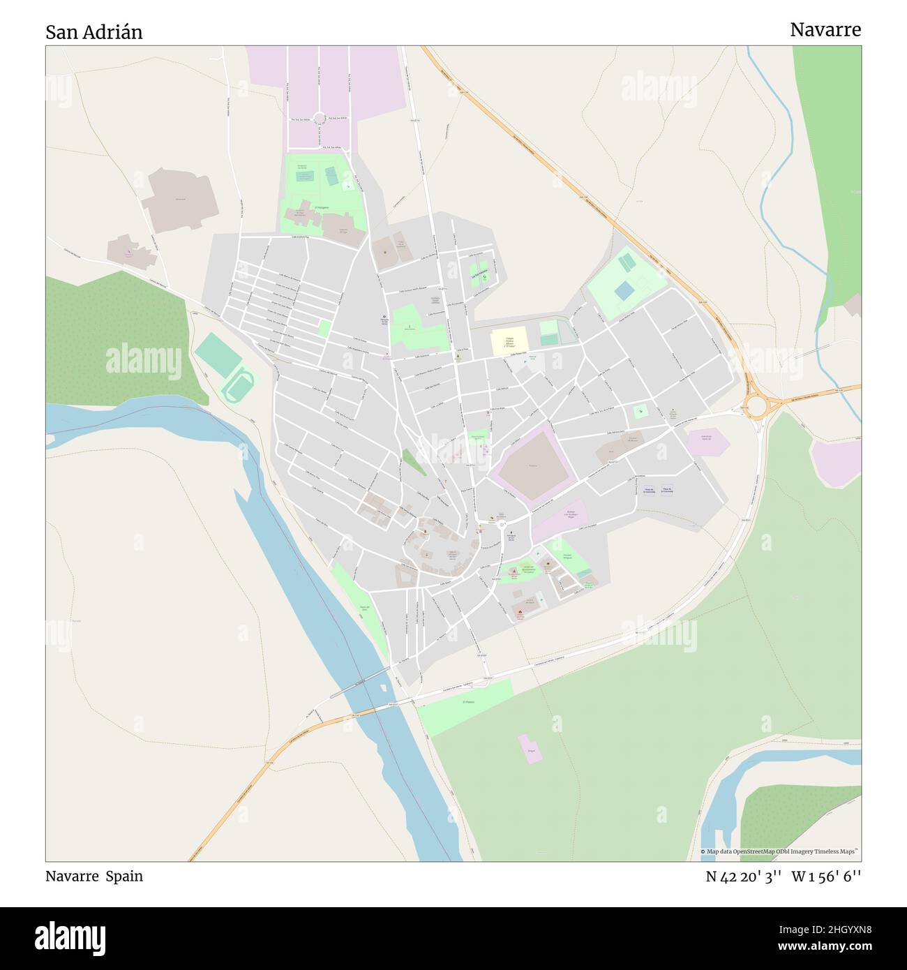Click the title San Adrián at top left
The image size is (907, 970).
(x=94, y=32)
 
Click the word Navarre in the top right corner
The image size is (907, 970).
(x=825, y=29)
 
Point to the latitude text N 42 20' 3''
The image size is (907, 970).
(x=743, y=876)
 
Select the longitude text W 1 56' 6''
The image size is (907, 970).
(x=826, y=876)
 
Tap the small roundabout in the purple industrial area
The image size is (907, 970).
(x=320, y=119)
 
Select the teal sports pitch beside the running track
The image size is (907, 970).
(x=218, y=355)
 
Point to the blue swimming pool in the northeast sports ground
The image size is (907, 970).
(x=624, y=290)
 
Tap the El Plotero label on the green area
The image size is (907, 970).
(x=468, y=702)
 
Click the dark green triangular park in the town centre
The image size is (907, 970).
(x=414, y=461)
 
